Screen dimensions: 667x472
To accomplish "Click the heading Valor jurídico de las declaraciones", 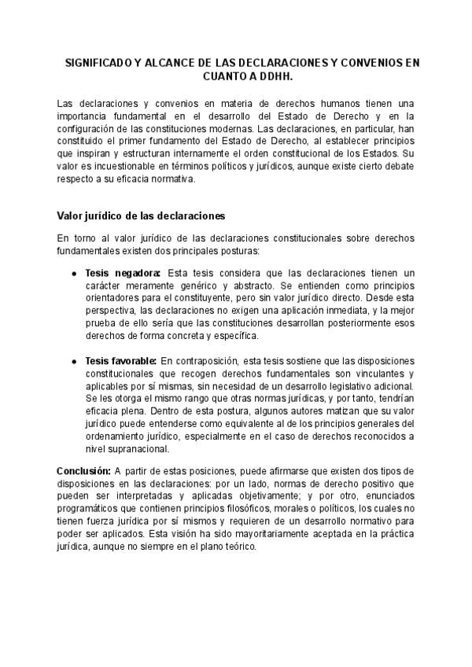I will [142, 215].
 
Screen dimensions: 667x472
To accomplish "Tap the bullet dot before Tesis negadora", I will [74, 273].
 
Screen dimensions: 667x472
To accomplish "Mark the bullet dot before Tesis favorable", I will [74, 360].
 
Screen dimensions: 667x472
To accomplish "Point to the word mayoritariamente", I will [256, 533].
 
